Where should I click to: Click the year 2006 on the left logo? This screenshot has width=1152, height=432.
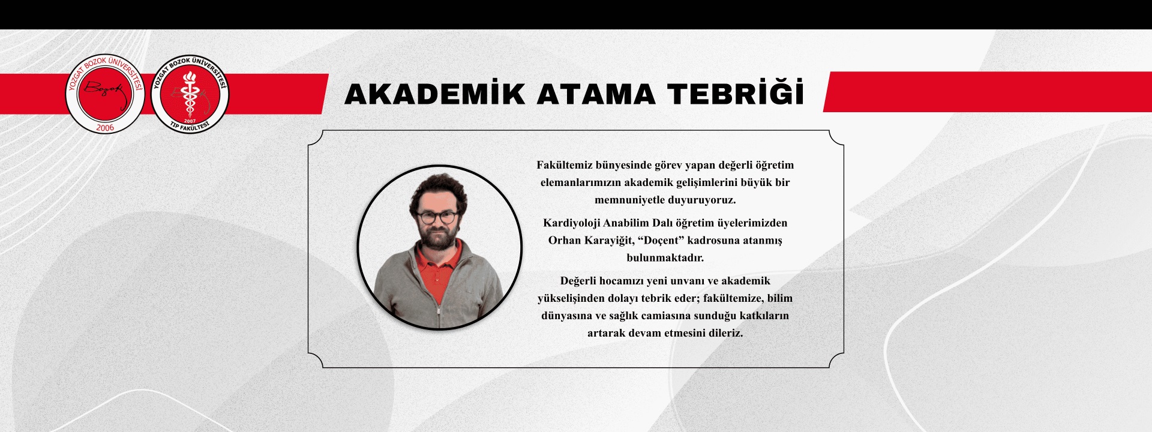pyautogui.click(x=105, y=128)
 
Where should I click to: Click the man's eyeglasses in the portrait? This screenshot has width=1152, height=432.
pyautogui.click(x=437, y=216)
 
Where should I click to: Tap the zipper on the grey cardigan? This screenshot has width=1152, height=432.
pyautogui.click(x=439, y=300)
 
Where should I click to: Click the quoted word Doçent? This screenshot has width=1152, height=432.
pyautogui.click(x=673, y=241)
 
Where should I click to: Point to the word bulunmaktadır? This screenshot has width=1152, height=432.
pyautogui.click(x=665, y=258)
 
